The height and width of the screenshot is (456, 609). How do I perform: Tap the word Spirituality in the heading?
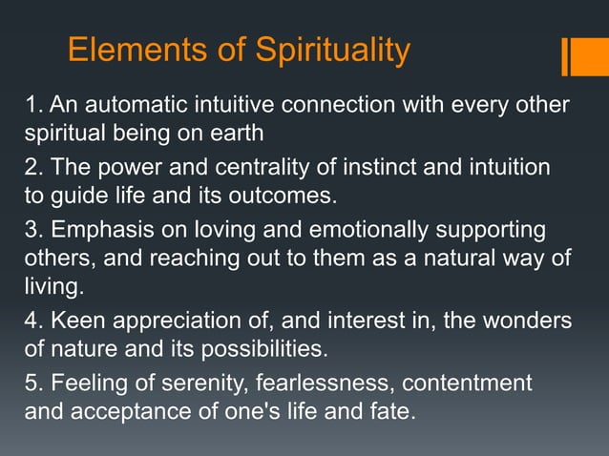319,51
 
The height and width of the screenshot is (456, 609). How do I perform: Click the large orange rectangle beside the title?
586,55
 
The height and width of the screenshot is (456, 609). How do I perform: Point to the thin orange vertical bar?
565,55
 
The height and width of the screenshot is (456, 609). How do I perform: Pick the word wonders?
530,321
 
